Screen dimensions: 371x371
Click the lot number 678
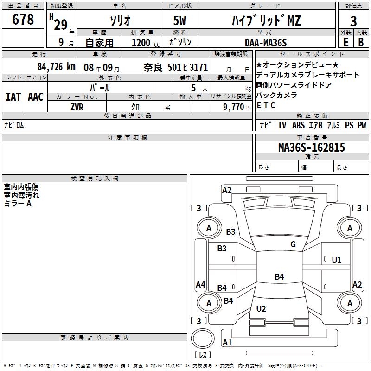[23, 19]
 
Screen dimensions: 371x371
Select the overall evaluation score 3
[353, 21]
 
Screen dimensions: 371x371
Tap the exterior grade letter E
[346, 42]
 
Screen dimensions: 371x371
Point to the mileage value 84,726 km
[57, 67]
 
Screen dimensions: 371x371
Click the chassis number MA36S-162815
[312, 147]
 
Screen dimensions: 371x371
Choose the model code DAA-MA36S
[266, 43]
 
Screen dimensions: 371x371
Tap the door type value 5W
[179, 20]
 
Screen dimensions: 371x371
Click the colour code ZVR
[77, 107]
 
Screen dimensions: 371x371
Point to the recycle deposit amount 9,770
[234, 107]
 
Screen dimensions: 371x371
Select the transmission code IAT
[13, 97]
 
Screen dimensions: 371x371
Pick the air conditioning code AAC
[36, 97]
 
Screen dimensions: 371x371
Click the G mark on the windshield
[293, 244]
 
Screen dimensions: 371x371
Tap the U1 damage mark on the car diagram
[337, 260]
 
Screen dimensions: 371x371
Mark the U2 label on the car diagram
[261, 308]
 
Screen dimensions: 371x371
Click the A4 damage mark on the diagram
[200, 284]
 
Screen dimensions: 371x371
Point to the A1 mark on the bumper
[227, 342]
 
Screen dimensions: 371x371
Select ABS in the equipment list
[298, 125]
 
